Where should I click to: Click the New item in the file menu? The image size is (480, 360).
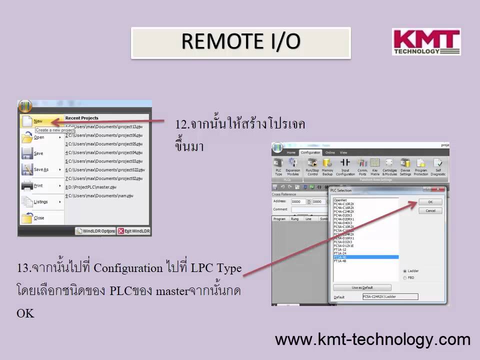[38, 121]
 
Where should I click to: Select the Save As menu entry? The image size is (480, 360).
[41, 169]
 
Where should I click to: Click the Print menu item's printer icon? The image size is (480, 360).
[26, 186]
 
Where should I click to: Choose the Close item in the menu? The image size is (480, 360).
[38, 218]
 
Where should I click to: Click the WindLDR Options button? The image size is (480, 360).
[95, 231]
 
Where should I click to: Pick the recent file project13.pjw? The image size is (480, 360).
[103, 126]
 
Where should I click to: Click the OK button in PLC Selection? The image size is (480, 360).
[430, 202]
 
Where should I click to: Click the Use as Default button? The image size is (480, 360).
[362, 287]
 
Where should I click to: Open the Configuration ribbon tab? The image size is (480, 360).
[310, 152]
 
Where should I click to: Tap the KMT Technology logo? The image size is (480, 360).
[426, 42]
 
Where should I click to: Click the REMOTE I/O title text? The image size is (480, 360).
[240, 42]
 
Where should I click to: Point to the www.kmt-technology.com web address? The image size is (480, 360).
[372, 340]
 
